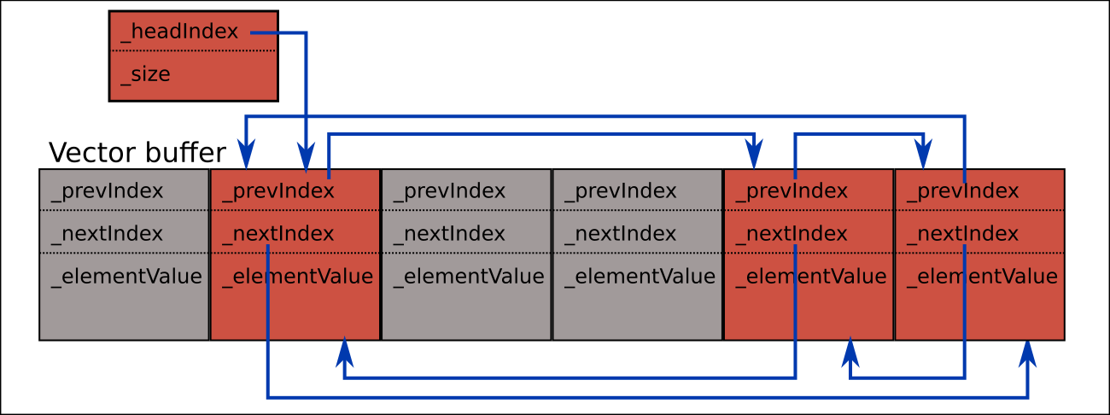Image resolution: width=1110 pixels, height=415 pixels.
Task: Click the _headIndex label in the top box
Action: click(x=179, y=32)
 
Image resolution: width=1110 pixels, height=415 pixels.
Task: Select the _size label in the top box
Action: click(x=145, y=74)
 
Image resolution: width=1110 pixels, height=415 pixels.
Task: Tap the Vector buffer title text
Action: click(x=137, y=153)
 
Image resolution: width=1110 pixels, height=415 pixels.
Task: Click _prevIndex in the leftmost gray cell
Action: click(x=107, y=190)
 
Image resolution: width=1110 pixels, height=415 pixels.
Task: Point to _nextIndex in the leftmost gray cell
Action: click(x=107, y=233)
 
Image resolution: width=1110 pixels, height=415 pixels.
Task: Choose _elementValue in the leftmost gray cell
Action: click(x=126, y=277)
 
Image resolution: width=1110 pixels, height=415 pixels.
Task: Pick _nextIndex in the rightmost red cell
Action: click(x=962, y=233)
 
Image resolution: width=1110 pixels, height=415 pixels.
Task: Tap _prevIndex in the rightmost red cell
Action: click(x=962, y=190)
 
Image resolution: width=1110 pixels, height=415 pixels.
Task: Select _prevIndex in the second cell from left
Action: click(x=277, y=190)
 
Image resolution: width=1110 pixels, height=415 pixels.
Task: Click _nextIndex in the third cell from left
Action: click(x=449, y=233)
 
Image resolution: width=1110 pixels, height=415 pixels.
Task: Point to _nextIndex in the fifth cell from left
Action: click(x=791, y=233)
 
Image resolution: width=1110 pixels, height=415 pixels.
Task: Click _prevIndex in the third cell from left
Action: click(x=449, y=190)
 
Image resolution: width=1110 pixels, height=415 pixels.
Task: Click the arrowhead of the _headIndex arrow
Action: click(x=306, y=160)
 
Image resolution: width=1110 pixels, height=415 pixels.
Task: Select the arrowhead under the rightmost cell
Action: click(x=1028, y=349)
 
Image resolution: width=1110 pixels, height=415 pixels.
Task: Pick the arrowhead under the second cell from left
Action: click(x=345, y=349)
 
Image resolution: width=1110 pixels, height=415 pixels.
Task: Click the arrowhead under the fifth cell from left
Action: click(x=850, y=349)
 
